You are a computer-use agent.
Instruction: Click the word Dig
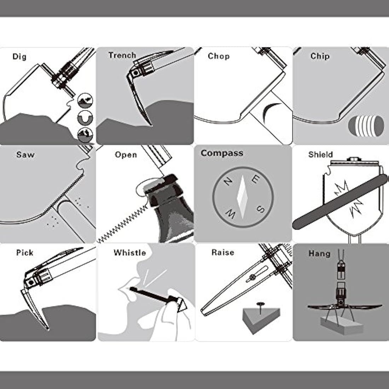click(x=19, y=57)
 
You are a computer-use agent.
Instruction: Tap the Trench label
click(x=122, y=55)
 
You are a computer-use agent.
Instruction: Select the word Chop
click(x=219, y=56)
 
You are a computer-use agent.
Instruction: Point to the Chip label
click(x=320, y=56)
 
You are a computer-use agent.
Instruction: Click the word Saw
click(x=25, y=155)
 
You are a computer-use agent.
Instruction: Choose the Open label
click(x=126, y=155)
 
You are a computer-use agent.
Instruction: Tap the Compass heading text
click(x=222, y=153)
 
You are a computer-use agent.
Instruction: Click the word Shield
click(x=320, y=154)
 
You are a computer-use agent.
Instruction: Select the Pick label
click(x=24, y=252)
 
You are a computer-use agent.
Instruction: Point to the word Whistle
click(x=130, y=252)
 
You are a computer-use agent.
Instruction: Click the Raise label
click(x=223, y=252)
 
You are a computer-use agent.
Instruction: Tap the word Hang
click(x=319, y=254)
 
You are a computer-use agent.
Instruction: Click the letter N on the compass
click(x=228, y=182)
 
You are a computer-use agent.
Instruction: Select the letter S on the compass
click(x=260, y=209)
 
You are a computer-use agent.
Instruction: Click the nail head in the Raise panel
click(x=260, y=304)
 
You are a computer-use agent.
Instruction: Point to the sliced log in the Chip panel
click(x=366, y=126)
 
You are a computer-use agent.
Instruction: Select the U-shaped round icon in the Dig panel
click(x=85, y=118)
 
